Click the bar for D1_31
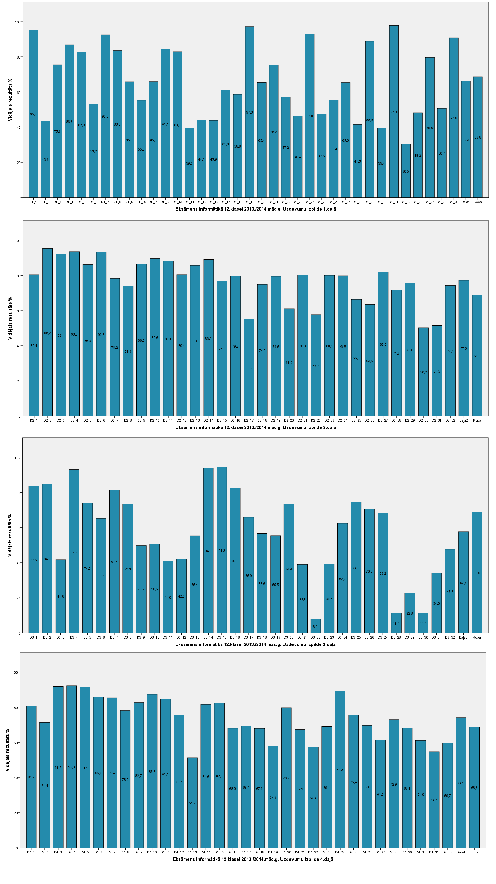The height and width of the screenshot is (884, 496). tap(394, 111)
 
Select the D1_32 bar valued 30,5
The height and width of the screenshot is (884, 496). tap(405, 171)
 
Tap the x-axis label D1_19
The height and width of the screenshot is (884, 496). tap(249, 202)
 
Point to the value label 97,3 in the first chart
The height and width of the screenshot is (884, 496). tap(249, 113)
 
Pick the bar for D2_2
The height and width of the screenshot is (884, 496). tap(47, 332)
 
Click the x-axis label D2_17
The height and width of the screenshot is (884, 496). tap(249, 420)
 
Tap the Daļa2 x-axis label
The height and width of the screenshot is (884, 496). tap(463, 420)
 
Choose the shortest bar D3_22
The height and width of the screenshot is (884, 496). tap(316, 626)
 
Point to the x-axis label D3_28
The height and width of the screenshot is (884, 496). tap(396, 637)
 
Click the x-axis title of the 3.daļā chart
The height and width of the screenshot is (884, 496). tap(255, 644)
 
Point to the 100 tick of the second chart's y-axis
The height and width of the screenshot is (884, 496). tap(18, 240)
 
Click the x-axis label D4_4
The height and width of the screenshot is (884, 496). tap(71, 852)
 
